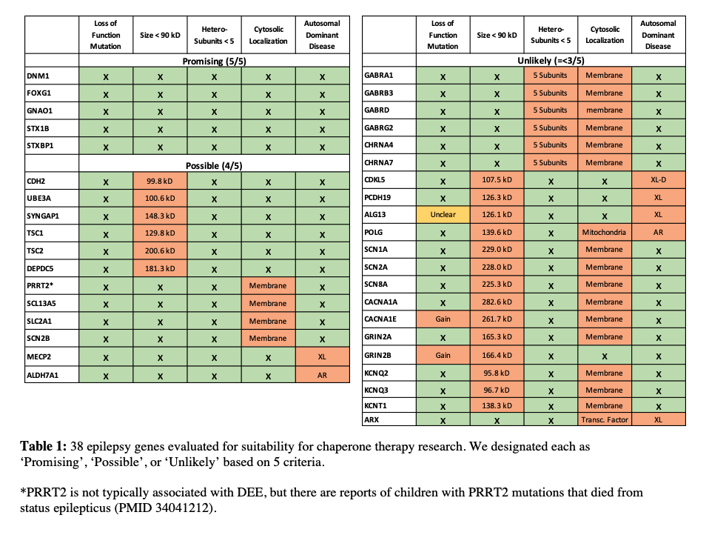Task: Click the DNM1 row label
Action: [x=38, y=76]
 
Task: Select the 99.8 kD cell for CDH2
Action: [x=160, y=181]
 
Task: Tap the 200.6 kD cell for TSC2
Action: [x=160, y=251]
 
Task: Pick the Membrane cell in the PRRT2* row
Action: [x=267, y=286]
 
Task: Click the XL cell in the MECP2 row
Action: [x=321, y=356]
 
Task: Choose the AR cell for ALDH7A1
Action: [x=321, y=375]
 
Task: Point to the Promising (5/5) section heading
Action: [x=214, y=61]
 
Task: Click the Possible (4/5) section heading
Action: [x=214, y=165]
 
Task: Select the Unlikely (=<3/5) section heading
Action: [x=551, y=60]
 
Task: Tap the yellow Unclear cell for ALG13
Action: [x=443, y=215]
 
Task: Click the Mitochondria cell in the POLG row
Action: [x=604, y=232]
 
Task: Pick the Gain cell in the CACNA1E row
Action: [x=443, y=319]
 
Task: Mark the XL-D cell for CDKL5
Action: [x=657, y=180]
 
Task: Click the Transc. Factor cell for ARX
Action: [x=604, y=420]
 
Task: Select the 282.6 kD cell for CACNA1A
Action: [x=497, y=302]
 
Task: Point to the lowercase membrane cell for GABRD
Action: [x=604, y=110]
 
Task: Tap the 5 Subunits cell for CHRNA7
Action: [x=550, y=163]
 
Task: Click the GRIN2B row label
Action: [x=379, y=355]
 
